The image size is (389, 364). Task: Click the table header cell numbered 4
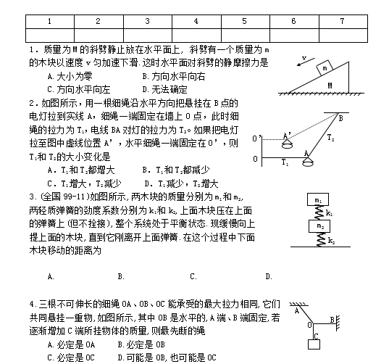[196, 21]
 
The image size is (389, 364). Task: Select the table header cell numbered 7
[341, 21]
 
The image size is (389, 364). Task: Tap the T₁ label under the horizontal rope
[285, 163]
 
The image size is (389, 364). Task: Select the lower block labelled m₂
[319, 226]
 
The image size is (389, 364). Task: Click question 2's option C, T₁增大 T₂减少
[84, 183]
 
